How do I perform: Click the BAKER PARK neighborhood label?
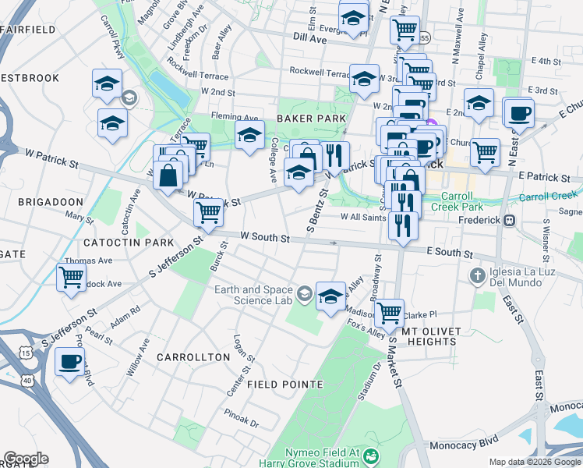tap(310, 118)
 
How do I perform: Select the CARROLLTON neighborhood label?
tap(193, 356)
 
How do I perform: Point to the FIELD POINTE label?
tap(284, 385)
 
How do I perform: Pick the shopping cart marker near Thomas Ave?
tap(71, 276)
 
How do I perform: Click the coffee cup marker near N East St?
tap(518, 113)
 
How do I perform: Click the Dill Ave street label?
tap(309, 37)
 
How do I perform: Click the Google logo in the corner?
tap(26, 459)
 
